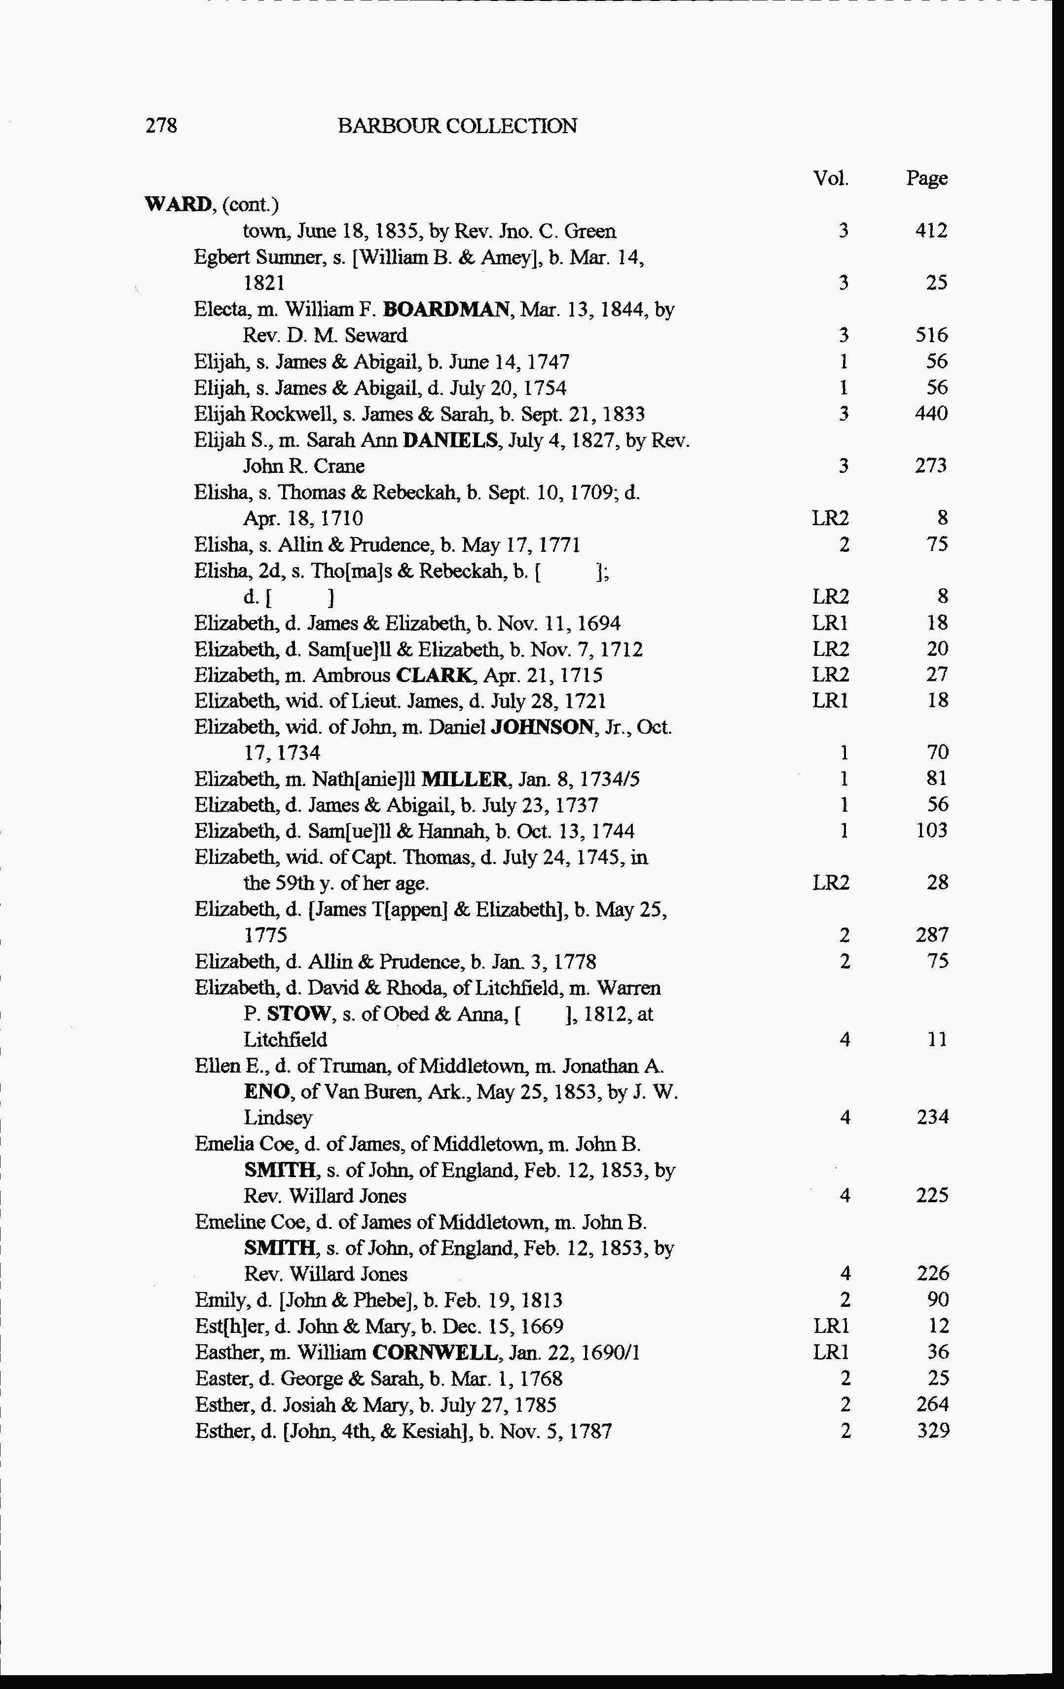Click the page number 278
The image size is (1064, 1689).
pyautogui.click(x=161, y=126)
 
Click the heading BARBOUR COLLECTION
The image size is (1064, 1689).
pyautogui.click(x=457, y=126)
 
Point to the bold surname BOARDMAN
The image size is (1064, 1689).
pyautogui.click(x=447, y=309)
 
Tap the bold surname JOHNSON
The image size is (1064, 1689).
pyautogui.click(x=542, y=727)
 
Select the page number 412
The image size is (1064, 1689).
pyautogui.click(x=931, y=231)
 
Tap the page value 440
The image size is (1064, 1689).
pyautogui.click(x=931, y=413)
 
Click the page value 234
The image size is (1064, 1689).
pyautogui.click(x=932, y=1117)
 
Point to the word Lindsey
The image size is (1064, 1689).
pyautogui.click(x=278, y=1117)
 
